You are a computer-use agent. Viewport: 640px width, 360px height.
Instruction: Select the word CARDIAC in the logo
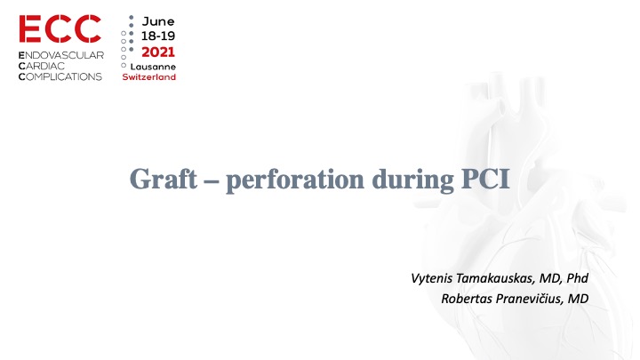pos(44,67)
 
